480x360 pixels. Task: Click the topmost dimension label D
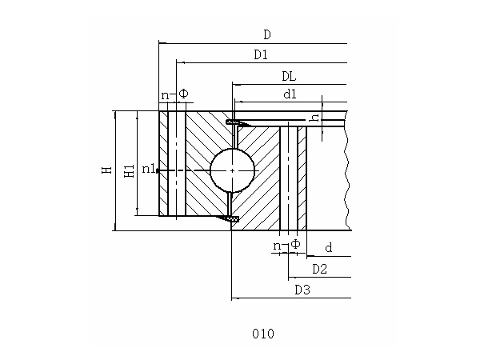267,34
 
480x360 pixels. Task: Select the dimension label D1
261,55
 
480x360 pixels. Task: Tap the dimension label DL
289,77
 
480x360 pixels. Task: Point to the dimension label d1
290,94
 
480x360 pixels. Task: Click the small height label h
315,118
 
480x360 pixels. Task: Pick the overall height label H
106,170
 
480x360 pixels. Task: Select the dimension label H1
128,170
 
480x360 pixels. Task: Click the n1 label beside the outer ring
149,169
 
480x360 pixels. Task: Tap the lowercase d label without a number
328,249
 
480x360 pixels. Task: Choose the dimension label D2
319,269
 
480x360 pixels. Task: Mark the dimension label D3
302,290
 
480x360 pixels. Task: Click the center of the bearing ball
232,170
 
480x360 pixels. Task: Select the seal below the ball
231,218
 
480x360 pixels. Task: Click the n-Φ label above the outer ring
174,94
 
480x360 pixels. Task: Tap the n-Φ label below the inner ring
286,244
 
